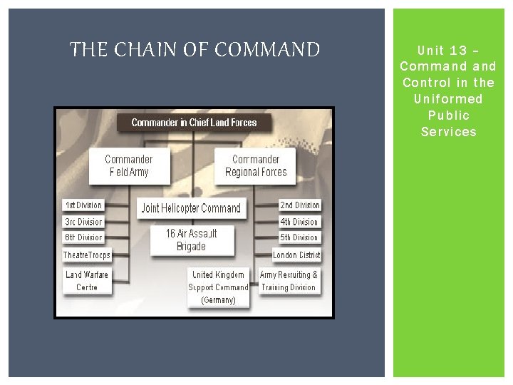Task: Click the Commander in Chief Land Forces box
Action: (x=195, y=123)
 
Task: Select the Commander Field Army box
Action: (x=128, y=165)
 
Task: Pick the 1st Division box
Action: (x=84, y=205)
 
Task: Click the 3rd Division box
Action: (x=84, y=222)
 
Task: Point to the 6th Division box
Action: (x=84, y=237)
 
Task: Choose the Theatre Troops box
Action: (x=87, y=255)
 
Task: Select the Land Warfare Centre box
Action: (x=87, y=281)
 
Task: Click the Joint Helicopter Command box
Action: (x=192, y=208)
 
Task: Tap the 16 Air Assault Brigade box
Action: (x=191, y=240)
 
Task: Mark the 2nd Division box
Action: (x=299, y=205)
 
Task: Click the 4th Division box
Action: (x=299, y=222)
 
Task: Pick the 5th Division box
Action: (x=299, y=237)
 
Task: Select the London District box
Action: (x=296, y=255)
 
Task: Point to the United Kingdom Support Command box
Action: (x=218, y=287)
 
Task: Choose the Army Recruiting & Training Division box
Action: (x=289, y=281)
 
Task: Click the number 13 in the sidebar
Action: (x=459, y=50)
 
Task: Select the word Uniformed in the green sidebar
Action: (x=448, y=99)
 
